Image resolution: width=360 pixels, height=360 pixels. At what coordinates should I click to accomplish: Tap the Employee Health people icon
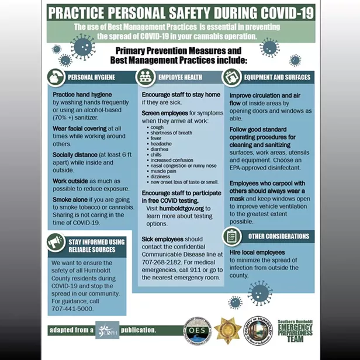click(x=146, y=77)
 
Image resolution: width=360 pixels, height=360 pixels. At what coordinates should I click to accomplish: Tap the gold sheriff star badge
click(x=226, y=330)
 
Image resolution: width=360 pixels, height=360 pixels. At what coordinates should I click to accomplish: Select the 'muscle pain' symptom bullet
click(x=164, y=171)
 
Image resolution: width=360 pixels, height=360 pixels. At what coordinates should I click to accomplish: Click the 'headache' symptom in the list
click(x=161, y=143)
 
